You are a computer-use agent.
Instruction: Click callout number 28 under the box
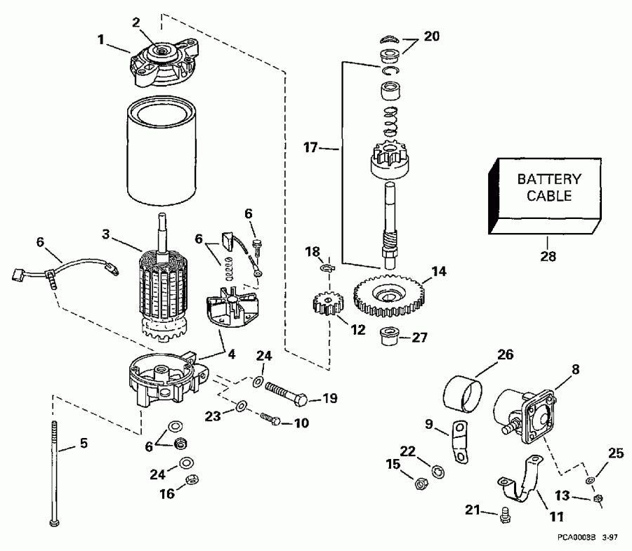[x=548, y=256]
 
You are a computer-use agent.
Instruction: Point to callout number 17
[x=311, y=148]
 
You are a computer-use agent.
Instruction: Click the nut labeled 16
[x=187, y=480]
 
